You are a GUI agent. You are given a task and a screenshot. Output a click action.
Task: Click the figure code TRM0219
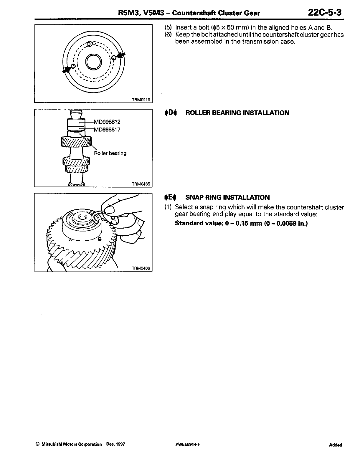coord(141,100)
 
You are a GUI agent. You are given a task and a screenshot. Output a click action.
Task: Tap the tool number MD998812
coord(107,122)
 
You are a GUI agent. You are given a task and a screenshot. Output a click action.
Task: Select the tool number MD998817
coord(107,129)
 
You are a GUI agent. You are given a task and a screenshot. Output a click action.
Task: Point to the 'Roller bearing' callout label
coord(110,153)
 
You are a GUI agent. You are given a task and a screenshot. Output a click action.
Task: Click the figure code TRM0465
coord(141,184)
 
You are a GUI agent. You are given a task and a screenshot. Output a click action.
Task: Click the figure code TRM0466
coord(141,268)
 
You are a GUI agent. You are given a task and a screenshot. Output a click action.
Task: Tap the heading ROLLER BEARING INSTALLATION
coord(237,113)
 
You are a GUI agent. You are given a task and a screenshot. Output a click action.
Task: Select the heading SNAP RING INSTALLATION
coord(227,197)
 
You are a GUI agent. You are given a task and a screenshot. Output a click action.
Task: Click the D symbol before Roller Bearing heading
coord(171,113)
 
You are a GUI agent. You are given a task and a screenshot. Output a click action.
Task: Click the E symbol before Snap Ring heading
coord(171,197)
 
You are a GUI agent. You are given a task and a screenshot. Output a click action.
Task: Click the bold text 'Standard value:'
coord(199,223)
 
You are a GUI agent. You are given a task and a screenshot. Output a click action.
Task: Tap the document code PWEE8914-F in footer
coord(187,444)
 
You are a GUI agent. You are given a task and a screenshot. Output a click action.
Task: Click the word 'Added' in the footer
coord(336,445)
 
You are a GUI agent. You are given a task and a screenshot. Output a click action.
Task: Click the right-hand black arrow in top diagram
coord(121,56)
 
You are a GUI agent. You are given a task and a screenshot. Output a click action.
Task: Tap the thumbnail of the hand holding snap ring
coord(93,232)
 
